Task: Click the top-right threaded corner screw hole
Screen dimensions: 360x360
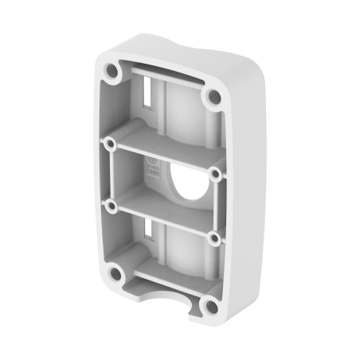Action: click(213, 96)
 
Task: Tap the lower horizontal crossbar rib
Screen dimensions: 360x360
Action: click(164, 221)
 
